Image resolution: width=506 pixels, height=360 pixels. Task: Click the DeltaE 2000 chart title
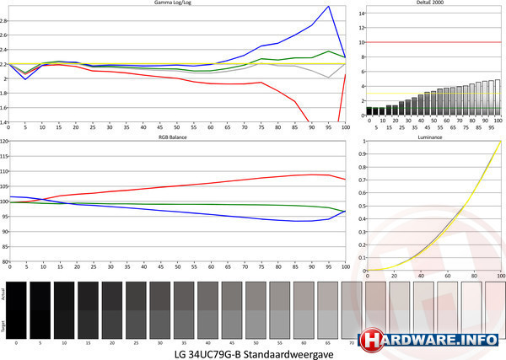pos(431,3)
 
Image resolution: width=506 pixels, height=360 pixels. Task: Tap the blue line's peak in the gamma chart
pos(328,7)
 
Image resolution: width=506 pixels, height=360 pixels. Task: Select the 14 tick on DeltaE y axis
pos(360,8)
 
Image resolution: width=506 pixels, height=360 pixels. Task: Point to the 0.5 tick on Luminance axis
pos(361,206)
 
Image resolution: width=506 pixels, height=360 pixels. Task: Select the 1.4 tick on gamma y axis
pos(4,122)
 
